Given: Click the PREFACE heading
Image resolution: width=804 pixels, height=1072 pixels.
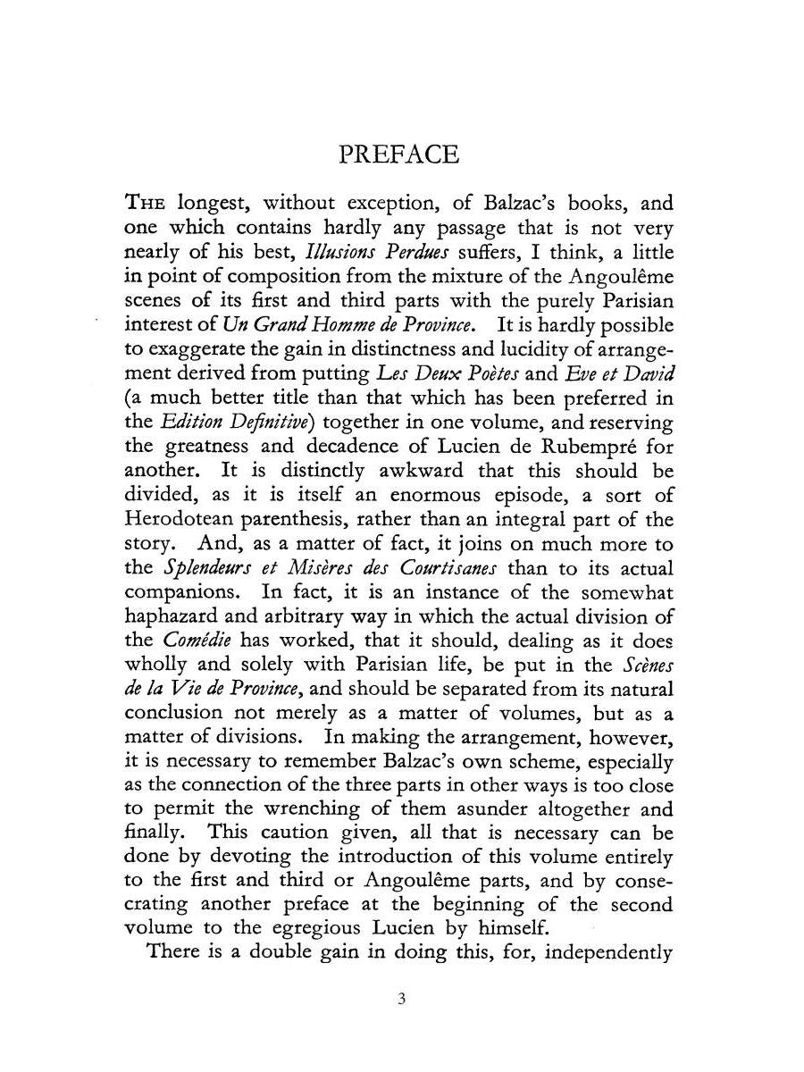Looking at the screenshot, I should pos(400,155).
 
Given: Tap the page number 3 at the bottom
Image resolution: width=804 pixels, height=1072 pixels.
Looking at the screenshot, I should pos(402,999).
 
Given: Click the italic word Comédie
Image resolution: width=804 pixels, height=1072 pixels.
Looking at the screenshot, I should pos(191,640).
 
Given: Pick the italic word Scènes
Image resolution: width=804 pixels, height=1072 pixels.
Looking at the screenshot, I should pos(646,664).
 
